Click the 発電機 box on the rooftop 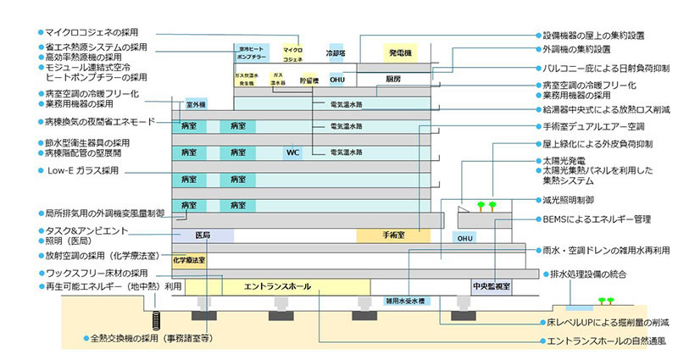(x=399, y=53)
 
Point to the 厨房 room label (x=392, y=79)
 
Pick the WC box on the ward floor (x=292, y=153)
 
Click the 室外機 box (x=196, y=104)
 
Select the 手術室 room (x=393, y=235)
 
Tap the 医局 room (x=203, y=235)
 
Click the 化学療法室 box (x=190, y=261)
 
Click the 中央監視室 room (x=491, y=286)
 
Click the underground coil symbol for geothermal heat (x=157, y=321)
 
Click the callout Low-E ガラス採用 (x=81, y=170)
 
